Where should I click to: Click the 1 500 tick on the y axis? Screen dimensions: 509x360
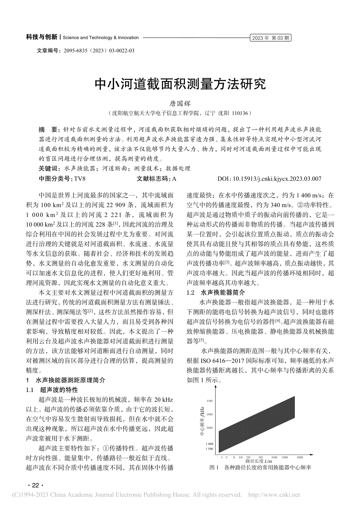209,449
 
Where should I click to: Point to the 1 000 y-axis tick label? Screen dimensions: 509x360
209,443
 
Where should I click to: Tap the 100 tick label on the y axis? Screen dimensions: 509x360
210,400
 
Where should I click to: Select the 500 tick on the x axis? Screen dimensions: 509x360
300,457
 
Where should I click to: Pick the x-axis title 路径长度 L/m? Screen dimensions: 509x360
259,461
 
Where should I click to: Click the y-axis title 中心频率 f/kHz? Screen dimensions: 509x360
200,424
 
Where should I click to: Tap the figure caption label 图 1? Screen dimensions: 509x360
214,468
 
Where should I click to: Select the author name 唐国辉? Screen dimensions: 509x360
180,103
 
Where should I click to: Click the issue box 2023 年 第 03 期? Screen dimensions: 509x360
271,38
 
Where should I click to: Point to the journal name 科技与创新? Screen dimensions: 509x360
41,37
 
